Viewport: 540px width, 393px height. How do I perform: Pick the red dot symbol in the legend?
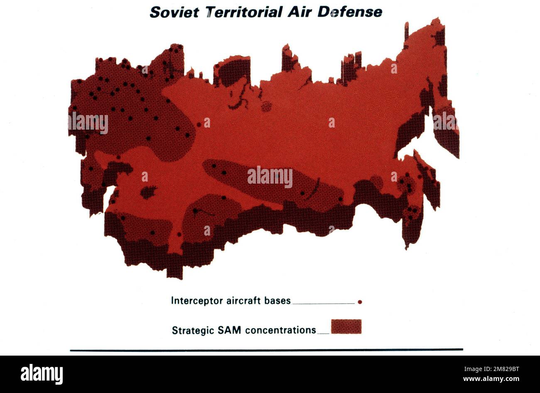360,302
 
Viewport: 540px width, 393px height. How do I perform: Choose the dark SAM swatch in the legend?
346,327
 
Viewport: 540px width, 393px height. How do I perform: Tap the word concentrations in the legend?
280,330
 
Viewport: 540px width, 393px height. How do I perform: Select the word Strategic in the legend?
192,331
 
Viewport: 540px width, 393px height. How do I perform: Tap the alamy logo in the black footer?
42,373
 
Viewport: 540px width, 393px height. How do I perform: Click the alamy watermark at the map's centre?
270,177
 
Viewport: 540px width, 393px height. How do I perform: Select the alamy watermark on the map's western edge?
88,123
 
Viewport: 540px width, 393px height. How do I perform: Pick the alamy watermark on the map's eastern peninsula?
445,121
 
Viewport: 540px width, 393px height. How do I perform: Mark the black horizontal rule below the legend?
266,350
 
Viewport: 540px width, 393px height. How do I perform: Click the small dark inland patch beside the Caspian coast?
147,192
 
